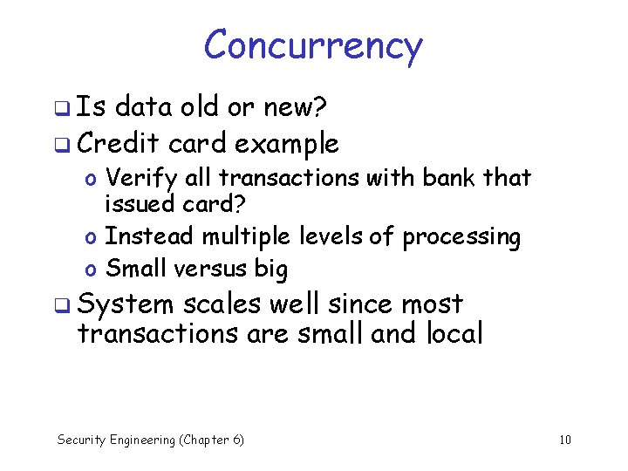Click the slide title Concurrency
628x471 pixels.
[313, 45]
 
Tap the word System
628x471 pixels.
[126, 305]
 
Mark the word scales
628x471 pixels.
[222, 304]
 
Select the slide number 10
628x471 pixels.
[564, 440]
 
